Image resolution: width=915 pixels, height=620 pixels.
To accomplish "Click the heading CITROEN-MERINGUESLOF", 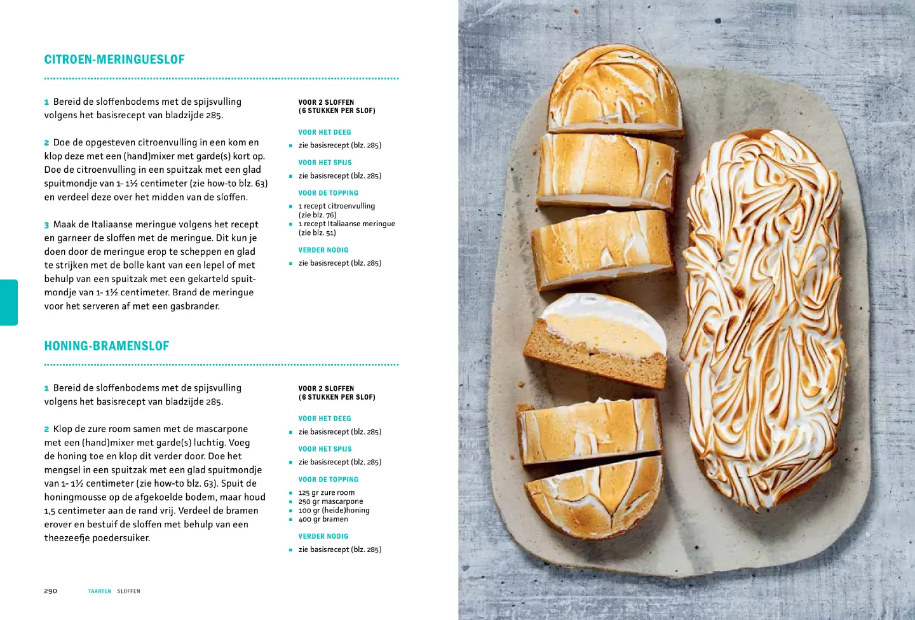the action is point(114,60).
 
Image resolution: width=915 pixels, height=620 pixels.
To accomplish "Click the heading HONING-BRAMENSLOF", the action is point(107,346).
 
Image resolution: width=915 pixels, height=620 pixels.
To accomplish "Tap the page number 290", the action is point(51,591).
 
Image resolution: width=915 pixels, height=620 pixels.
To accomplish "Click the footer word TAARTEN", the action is point(100,591).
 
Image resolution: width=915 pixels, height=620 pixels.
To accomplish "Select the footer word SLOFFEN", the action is point(128,591).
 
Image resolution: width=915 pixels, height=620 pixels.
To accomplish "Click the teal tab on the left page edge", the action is point(9,302).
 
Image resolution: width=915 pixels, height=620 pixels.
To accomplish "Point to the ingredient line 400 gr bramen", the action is point(323,519).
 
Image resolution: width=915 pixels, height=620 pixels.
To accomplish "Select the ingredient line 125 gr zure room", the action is point(327,492).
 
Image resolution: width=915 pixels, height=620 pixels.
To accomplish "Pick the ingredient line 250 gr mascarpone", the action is point(330,502).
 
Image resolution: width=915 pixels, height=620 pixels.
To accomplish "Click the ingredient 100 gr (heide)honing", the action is point(334,511).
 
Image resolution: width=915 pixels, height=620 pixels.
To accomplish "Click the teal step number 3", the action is point(46,225).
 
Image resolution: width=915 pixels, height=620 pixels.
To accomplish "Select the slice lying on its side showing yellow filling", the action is point(595,340).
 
